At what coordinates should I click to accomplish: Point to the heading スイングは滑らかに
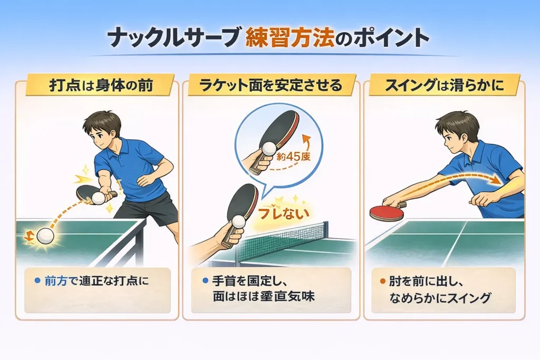[444, 86]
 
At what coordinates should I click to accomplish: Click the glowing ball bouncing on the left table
[45, 236]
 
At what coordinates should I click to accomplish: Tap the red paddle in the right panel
[386, 212]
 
